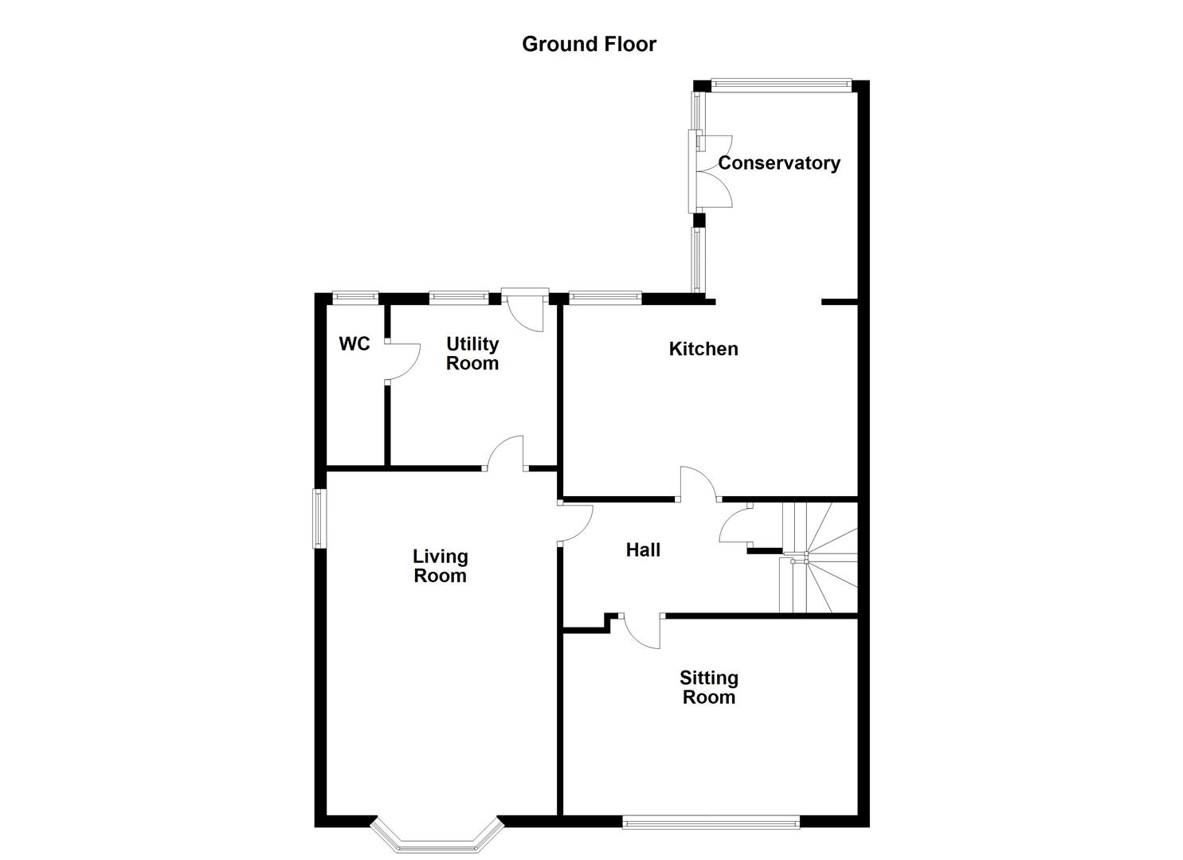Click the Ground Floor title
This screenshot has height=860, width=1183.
tap(589, 44)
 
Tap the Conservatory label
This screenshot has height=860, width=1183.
tap(779, 162)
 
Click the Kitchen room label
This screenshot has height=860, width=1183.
tap(703, 349)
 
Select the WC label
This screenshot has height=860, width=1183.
tap(355, 344)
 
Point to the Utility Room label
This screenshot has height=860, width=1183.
tap(472, 354)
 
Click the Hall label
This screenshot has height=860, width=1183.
tap(643, 549)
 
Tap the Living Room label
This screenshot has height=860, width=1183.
tap(440, 565)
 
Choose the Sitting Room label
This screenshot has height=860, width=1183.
tap(709, 687)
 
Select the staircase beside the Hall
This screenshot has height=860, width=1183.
tap(818, 557)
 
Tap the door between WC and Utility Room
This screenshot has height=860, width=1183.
tap(402, 362)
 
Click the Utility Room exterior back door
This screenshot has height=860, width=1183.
tap(526, 310)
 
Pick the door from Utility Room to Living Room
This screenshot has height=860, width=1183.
tap(505, 453)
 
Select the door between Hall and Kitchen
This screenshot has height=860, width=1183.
tap(699, 484)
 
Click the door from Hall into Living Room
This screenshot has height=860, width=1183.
tap(576, 523)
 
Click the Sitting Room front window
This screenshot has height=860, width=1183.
tap(711, 837)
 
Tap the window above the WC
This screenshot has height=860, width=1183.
tap(355, 299)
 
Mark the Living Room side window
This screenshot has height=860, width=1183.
tap(320, 519)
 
